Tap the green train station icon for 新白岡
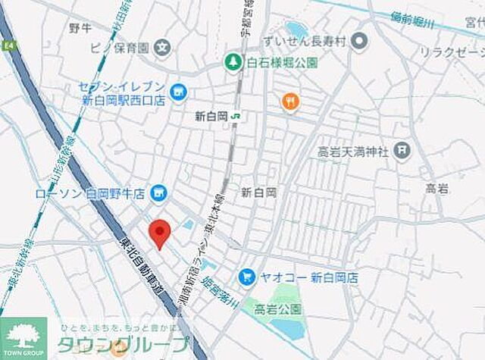236,116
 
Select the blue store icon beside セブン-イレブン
178,92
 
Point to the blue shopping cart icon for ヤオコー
246,277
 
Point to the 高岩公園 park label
278,309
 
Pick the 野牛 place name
80,29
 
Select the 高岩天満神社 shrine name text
352,152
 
